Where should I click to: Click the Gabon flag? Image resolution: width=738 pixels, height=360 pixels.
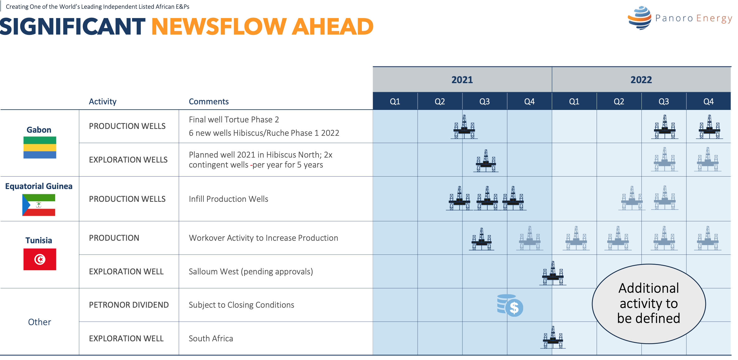(x=40, y=147)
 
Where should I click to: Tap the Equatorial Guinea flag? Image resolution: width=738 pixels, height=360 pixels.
(x=39, y=205)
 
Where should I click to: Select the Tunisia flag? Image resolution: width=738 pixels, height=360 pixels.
(x=40, y=259)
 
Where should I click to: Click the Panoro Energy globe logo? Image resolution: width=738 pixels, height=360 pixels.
(x=639, y=18)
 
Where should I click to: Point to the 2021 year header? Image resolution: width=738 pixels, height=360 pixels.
(x=462, y=80)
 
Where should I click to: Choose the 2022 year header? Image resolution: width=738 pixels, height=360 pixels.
(x=641, y=80)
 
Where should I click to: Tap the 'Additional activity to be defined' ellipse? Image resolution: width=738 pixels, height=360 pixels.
(x=649, y=304)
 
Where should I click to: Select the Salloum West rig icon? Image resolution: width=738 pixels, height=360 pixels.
(x=553, y=273)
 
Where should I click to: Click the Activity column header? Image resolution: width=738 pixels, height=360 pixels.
(x=102, y=102)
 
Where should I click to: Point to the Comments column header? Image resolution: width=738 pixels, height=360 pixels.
(x=209, y=102)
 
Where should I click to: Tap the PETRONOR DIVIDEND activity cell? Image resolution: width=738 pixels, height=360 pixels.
(x=129, y=305)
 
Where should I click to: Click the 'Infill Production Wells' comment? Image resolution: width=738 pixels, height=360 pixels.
(x=228, y=199)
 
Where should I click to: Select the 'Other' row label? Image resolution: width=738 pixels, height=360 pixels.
(x=39, y=322)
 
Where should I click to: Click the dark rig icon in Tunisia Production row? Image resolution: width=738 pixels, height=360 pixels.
(x=482, y=239)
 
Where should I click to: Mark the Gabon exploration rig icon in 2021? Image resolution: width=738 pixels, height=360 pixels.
(x=486, y=161)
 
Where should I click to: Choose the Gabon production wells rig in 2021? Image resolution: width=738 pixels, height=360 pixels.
(x=464, y=127)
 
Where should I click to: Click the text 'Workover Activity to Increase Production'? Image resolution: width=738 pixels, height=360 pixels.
(x=263, y=238)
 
